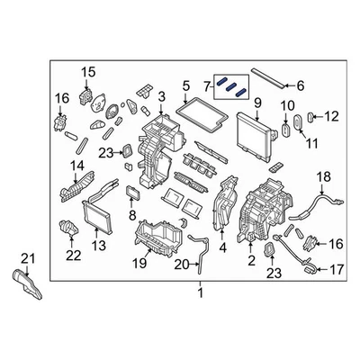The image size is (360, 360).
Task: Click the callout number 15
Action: (88, 72)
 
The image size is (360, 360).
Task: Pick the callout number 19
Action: (139, 264)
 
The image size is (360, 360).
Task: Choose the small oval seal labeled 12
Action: (311, 116)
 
